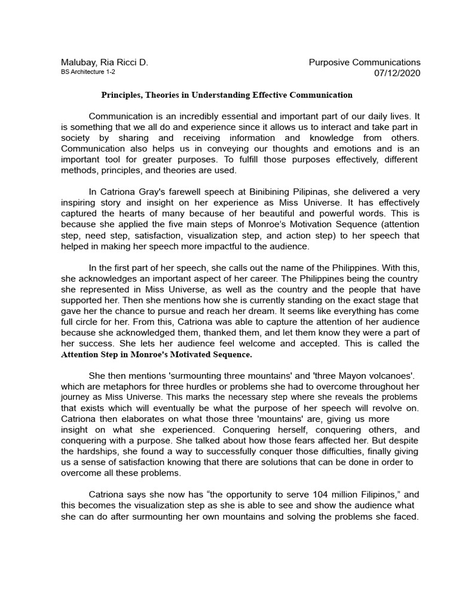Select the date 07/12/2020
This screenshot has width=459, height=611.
[397, 73]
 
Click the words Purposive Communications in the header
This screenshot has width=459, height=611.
[365, 62]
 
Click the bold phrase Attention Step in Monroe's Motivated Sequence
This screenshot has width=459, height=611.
[157, 355]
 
